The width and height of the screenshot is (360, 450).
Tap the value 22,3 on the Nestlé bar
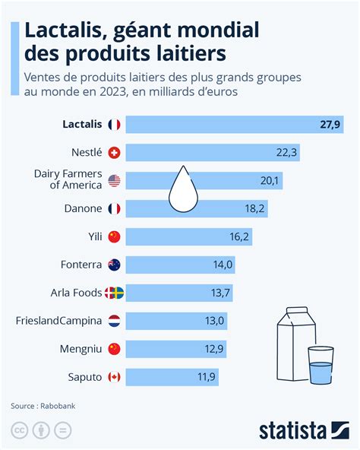286,153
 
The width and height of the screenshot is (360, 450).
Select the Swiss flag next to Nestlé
115,153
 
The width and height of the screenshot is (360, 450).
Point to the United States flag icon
115,181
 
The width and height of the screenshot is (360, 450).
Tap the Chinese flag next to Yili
115,236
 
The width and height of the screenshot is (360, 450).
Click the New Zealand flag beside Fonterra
115,265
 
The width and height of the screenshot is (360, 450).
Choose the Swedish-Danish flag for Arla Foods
115,293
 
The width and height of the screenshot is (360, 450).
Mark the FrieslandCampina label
58,321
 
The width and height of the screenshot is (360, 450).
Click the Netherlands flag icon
115,321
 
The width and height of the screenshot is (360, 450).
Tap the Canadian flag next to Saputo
115,376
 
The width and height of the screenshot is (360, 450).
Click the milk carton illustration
293,337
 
